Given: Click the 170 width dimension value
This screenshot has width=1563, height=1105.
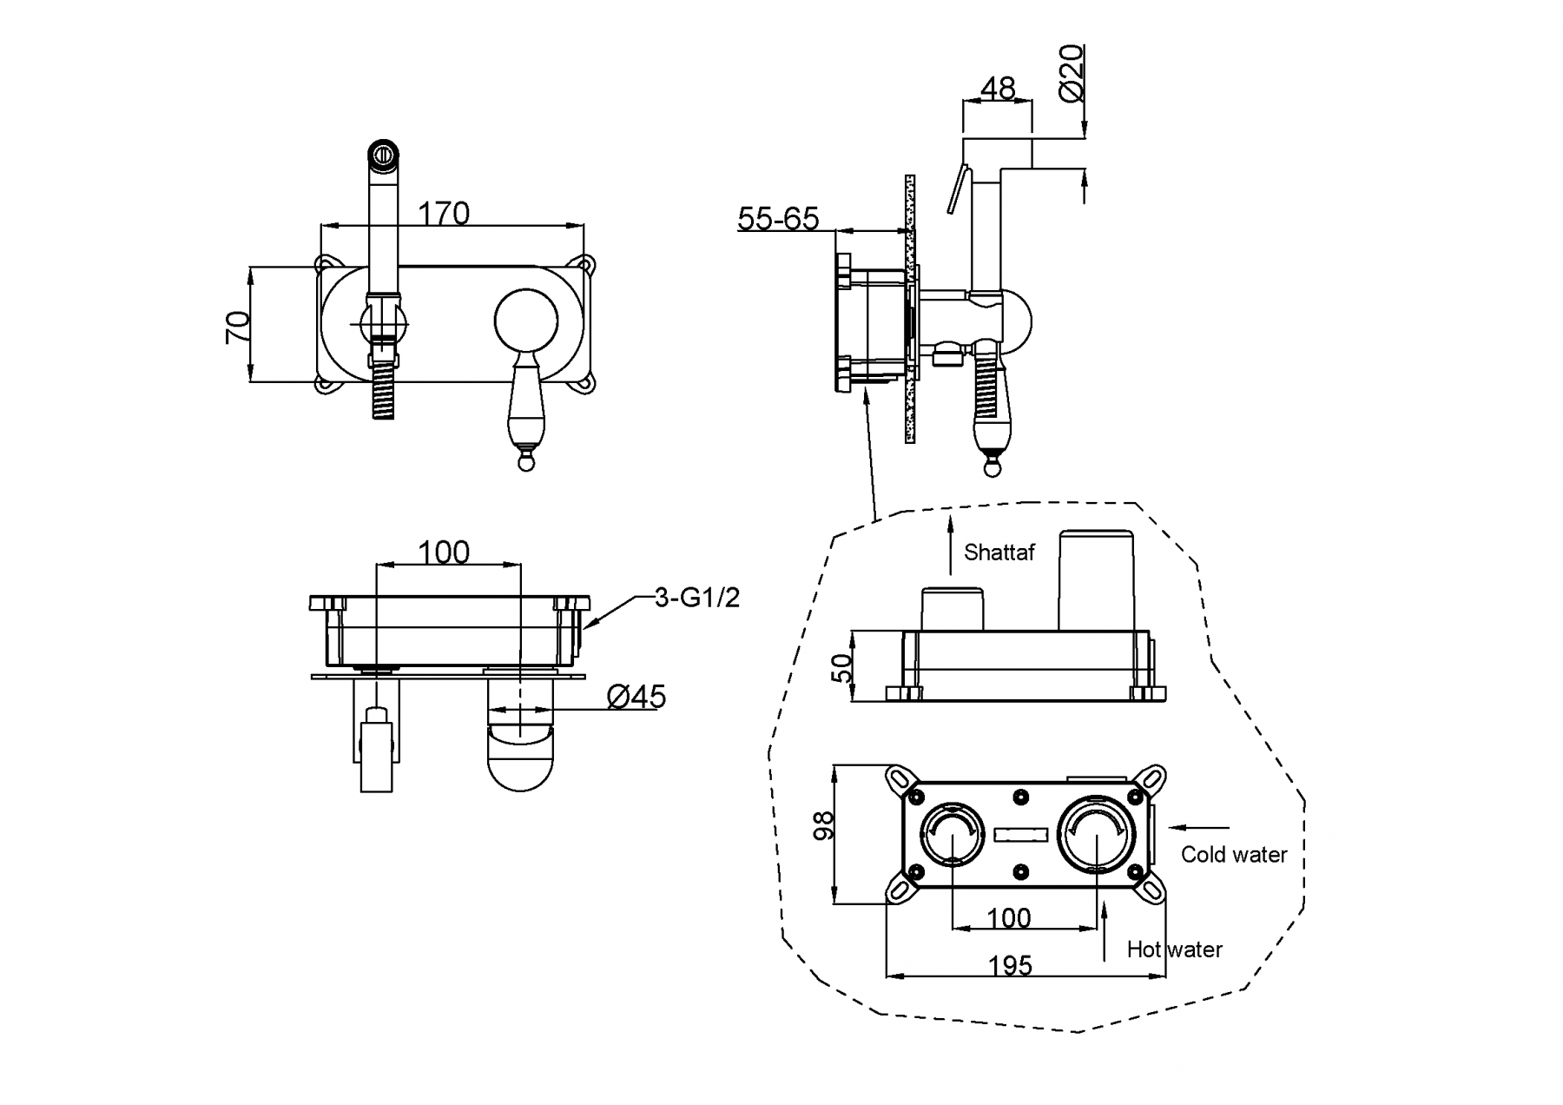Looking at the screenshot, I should [x=444, y=213].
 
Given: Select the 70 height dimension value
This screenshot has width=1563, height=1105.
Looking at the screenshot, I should [x=237, y=326].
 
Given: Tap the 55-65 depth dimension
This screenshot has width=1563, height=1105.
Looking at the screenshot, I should [x=778, y=218].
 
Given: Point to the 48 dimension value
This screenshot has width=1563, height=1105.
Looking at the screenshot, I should [x=998, y=88].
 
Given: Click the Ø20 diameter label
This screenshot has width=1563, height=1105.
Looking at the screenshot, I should [x=1072, y=73].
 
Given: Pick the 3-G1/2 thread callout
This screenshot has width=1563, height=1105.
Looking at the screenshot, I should [x=696, y=598].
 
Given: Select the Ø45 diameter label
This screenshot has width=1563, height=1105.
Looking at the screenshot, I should [x=636, y=696].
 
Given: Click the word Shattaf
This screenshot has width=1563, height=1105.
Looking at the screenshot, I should [x=999, y=552].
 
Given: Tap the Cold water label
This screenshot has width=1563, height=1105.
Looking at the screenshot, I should [x=1233, y=855].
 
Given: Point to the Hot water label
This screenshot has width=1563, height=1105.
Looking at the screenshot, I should [x=1174, y=950].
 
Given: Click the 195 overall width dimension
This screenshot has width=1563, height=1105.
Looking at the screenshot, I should [x=1010, y=965].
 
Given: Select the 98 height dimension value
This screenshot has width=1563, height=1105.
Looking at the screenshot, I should [x=824, y=825].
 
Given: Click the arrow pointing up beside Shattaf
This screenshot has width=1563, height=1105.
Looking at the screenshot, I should [x=951, y=543].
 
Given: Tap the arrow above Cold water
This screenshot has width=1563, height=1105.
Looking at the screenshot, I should [x=1199, y=828].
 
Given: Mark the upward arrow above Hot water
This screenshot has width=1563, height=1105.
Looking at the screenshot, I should [x=1104, y=930].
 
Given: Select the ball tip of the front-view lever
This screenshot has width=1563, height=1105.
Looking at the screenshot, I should [x=525, y=463].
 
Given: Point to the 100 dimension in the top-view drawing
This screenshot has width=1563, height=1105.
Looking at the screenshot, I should [x=444, y=552].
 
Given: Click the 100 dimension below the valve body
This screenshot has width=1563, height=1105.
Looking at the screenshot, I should [x=1009, y=917].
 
